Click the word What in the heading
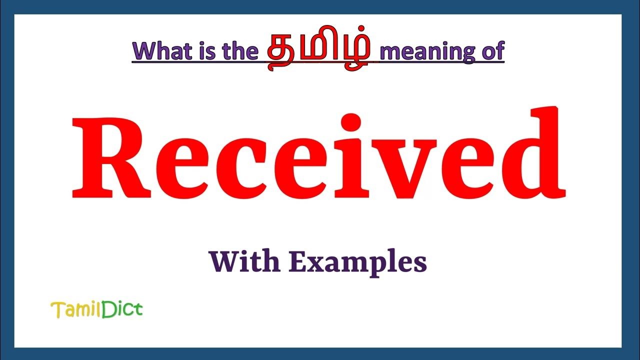tap(160, 52)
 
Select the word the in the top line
tap(237, 52)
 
